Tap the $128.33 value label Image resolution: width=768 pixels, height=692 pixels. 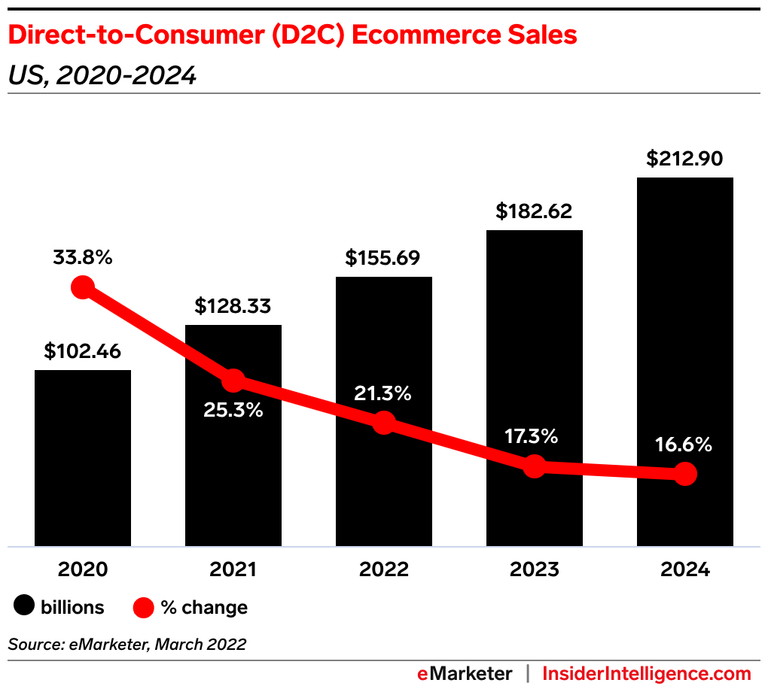[233, 306]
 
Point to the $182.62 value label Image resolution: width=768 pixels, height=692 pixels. [534, 211]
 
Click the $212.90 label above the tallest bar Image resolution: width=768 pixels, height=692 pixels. [684, 159]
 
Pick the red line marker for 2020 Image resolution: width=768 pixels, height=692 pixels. [82, 287]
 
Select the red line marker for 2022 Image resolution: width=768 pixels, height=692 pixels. [383, 423]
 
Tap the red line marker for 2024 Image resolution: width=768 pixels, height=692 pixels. [684, 474]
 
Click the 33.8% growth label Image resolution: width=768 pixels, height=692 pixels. [82, 257]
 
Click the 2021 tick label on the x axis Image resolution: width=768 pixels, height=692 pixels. [233, 569]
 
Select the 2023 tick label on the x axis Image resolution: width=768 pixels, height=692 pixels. [534, 569]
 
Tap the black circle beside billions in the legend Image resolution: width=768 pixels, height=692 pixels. [26, 606]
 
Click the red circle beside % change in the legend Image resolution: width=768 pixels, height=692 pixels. [143, 607]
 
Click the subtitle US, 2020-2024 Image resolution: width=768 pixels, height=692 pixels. [102, 75]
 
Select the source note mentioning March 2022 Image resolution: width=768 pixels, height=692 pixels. [127, 645]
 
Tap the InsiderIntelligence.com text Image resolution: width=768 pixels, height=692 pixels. [647, 673]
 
